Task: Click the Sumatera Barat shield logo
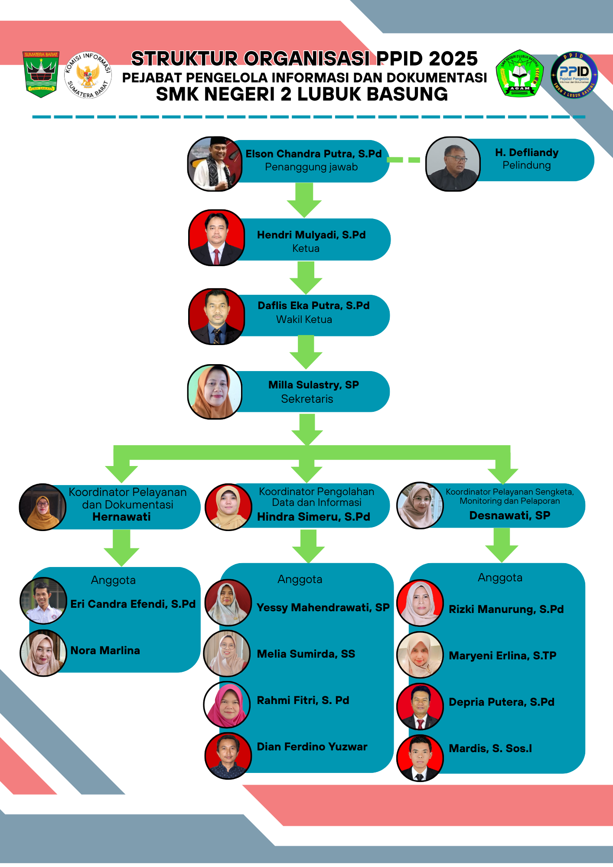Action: tap(41, 74)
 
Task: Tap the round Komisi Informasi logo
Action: tap(88, 75)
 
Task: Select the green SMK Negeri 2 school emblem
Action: tap(519, 73)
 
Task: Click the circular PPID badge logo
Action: tap(574, 75)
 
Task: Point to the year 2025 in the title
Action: tap(453, 59)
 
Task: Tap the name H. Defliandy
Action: tap(527, 153)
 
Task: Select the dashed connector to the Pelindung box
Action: tap(404, 160)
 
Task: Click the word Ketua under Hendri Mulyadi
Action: tap(306, 248)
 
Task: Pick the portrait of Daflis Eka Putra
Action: tap(216, 316)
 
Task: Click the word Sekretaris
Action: tap(307, 399)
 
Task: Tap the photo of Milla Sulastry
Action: tap(215, 392)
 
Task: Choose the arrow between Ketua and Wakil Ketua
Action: tap(306, 277)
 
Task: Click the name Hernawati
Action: tap(121, 517)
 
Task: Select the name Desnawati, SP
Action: tap(510, 515)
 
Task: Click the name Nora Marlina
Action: tap(105, 650)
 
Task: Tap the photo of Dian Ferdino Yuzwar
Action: tap(228, 756)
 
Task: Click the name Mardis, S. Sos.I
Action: tap(490, 748)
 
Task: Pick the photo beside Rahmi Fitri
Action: tap(227, 705)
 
